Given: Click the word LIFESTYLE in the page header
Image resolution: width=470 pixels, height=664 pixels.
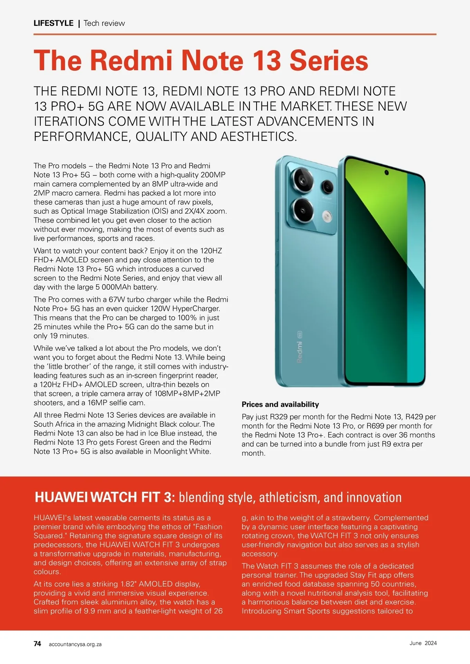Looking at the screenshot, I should tap(53, 23).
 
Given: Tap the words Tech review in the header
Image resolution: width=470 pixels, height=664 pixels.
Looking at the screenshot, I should tap(104, 23).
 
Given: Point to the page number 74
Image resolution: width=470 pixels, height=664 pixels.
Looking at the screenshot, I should tap(37, 644).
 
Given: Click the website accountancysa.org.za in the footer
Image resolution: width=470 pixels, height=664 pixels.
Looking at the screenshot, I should tap(75, 644).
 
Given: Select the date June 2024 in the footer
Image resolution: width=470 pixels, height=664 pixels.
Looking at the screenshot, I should tap(423, 643).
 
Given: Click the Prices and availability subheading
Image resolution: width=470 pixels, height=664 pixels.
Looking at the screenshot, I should tap(280, 404).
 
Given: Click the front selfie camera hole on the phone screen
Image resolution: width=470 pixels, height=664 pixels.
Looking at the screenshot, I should tap(387, 172).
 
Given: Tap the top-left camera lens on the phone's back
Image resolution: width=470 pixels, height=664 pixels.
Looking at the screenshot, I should tap(302, 179).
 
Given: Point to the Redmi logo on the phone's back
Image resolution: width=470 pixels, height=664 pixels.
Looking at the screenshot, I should tap(300, 351).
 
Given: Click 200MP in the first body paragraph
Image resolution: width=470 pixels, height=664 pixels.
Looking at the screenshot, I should tap(213, 175).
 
